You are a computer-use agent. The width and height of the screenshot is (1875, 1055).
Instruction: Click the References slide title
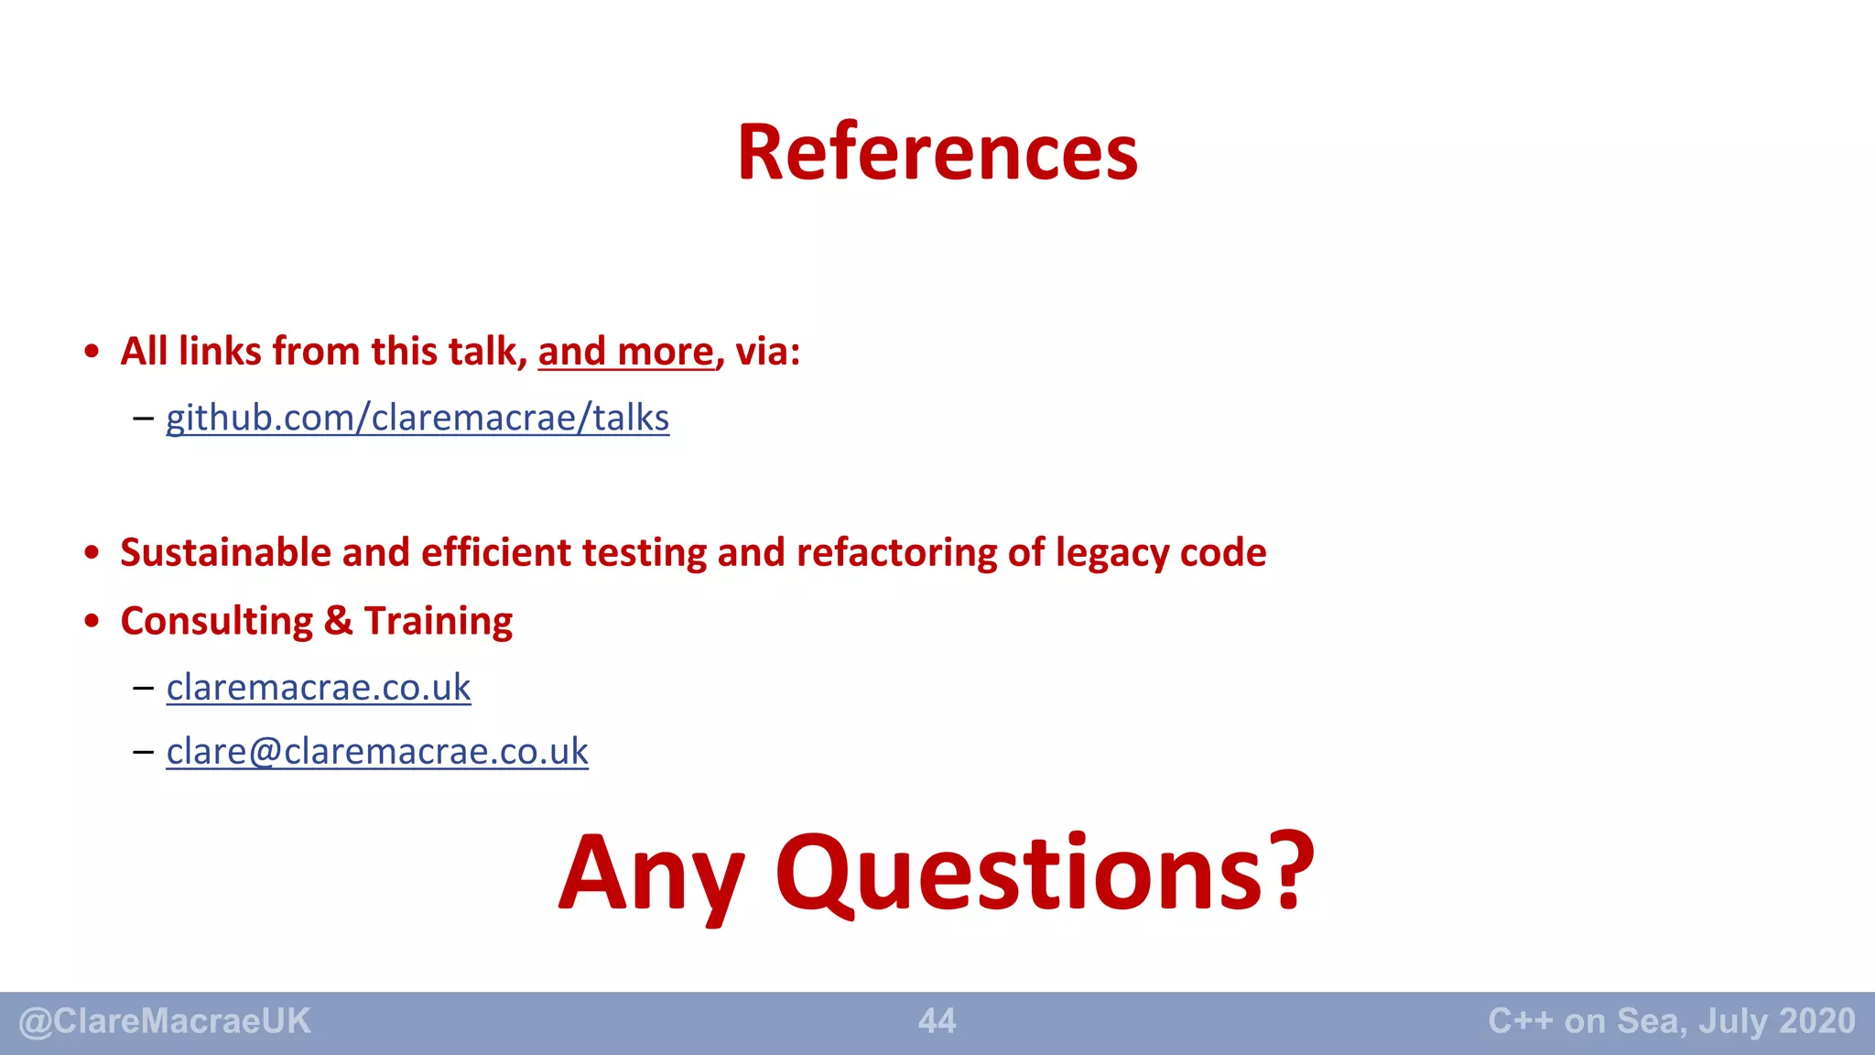tap(937, 153)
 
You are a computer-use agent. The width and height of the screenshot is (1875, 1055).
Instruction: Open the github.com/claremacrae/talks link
tap(417, 418)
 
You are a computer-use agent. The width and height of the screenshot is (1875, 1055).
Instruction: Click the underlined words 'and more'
tap(625, 352)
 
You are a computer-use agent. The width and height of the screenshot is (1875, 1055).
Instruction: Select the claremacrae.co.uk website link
tap(319, 687)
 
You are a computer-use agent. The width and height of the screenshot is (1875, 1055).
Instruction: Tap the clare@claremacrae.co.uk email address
tap(377, 751)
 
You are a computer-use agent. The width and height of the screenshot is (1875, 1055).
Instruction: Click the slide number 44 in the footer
tap(937, 1021)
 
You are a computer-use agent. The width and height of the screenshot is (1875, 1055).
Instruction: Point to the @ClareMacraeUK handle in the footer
tap(165, 1021)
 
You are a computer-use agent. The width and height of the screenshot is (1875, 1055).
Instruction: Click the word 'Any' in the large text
tap(651, 875)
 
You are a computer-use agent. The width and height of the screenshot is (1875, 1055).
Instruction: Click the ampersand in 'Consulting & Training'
tap(338, 621)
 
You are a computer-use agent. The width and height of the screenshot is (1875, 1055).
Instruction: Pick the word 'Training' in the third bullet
tap(439, 622)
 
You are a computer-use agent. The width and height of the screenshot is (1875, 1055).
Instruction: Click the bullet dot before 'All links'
tap(91, 352)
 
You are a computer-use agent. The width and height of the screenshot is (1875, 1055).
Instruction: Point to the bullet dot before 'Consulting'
tap(91, 621)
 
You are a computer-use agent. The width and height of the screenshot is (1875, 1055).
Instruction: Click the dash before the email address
tap(143, 752)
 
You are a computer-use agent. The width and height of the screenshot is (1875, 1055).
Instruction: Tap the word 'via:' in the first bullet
tap(767, 352)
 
